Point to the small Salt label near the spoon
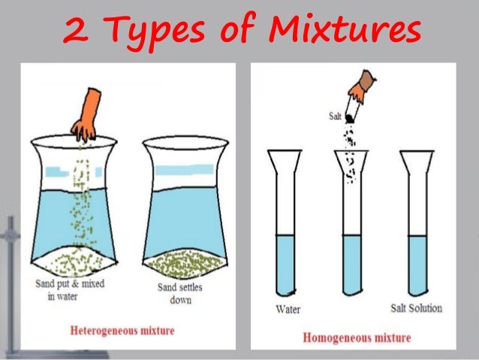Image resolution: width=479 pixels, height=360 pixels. [x=335, y=116]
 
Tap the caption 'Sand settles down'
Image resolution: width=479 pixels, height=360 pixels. [x=180, y=293]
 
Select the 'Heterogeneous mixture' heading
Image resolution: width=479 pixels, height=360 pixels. [x=122, y=330]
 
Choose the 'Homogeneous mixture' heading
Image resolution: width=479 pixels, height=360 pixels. [x=357, y=337]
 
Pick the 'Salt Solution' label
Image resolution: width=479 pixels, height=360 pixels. [x=417, y=308]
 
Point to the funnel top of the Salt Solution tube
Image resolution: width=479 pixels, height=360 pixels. [x=417, y=160]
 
